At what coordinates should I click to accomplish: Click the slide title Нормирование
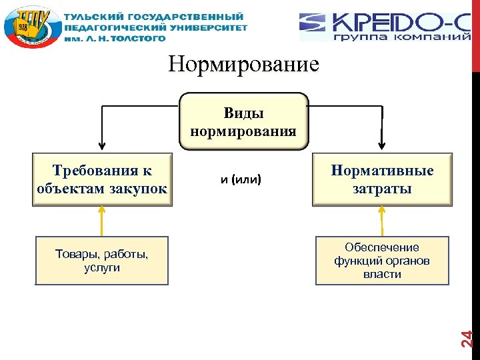click(244, 65)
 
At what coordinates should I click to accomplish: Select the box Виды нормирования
click(243, 121)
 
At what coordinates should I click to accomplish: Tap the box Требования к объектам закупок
click(102, 180)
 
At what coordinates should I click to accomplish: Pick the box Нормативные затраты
click(382, 180)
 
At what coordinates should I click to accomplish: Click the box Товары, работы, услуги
click(102, 261)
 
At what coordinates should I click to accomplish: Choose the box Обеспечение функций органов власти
click(382, 261)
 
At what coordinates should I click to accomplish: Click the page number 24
click(468, 338)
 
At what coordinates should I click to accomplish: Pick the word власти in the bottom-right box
click(382, 274)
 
